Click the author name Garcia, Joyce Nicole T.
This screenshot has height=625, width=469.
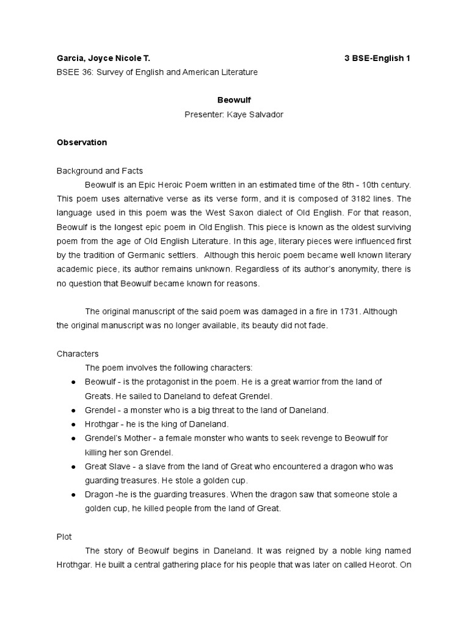click(x=103, y=59)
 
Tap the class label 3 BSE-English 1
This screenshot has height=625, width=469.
click(x=377, y=59)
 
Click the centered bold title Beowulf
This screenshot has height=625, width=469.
click(x=234, y=100)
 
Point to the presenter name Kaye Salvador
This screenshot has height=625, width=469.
click(x=255, y=114)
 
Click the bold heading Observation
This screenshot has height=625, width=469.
click(x=82, y=142)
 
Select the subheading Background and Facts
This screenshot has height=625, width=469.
click(x=100, y=170)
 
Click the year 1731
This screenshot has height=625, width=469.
click(x=346, y=311)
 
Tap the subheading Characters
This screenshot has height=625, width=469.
click(x=78, y=353)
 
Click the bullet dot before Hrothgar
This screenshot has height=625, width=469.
click(x=73, y=424)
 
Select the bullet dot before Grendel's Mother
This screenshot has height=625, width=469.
click(x=73, y=438)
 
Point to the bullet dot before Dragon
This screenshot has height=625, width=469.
click(x=73, y=494)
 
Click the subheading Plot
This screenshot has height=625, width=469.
click(x=64, y=536)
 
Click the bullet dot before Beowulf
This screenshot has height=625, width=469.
click(x=73, y=382)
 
